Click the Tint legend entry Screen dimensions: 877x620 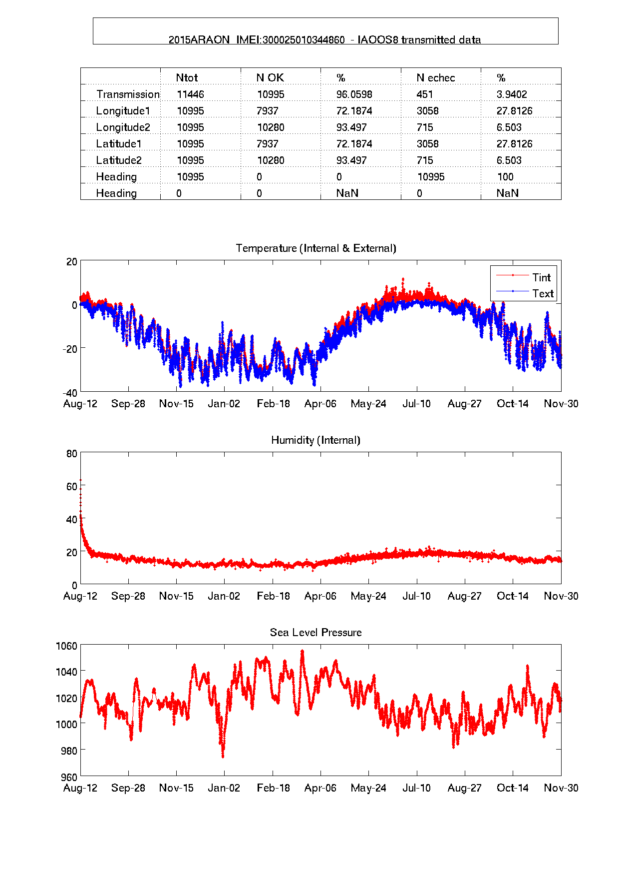pyautogui.click(x=541, y=277)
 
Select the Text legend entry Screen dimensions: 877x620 pyautogui.click(x=542, y=293)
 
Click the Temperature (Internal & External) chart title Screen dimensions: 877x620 pyautogui.click(x=315, y=248)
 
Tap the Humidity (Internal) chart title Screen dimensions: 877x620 pyautogui.click(x=315, y=440)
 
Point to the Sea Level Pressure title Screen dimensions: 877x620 pyautogui.click(x=315, y=633)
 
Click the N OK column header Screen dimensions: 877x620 pyautogui.click(x=270, y=78)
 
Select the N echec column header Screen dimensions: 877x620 pyautogui.click(x=435, y=78)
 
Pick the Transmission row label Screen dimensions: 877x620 pyautogui.click(x=128, y=94)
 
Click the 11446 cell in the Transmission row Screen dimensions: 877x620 pyautogui.click(x=190, y=94)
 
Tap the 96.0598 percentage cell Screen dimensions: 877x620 pyautogui.click(x=354, y=94)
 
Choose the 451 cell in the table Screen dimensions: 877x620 pyautogui.click(x=424, y=94)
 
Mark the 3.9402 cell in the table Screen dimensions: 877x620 pyautogui.click(x=511, y=94)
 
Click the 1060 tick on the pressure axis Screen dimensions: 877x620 pyautogui.click(x=66, y=646)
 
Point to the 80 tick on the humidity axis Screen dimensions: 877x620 pyautogui.click(x=72, y=454)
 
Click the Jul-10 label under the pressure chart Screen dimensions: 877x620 pyautogui.click(x=416, y=788)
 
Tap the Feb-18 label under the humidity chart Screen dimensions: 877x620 pyautogui.click(x=273, y=596)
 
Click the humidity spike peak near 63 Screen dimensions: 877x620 pyautogui.click(x=81, y=480)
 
